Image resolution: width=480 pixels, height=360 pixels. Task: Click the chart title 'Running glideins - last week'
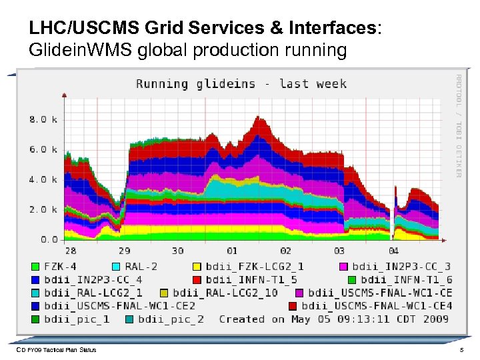[241, 83]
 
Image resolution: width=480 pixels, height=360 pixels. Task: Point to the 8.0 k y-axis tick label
[43, 120]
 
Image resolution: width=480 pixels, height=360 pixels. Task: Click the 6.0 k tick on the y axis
[43, 149]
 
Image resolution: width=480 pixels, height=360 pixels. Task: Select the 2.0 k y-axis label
[43, 209]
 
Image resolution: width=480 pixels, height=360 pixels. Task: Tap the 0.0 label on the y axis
[49, 239]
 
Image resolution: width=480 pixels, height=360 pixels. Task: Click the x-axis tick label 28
[70, 251]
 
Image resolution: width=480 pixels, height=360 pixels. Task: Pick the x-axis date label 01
[231, 251]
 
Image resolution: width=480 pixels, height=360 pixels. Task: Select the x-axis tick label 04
[393, 251]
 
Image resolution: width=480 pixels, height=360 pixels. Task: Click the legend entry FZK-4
[60, 266]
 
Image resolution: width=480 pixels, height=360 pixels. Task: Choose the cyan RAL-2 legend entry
[139, 266]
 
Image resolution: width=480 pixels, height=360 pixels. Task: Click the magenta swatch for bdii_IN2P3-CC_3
[343, 266]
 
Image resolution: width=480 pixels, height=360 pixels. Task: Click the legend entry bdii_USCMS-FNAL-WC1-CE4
[377, 306]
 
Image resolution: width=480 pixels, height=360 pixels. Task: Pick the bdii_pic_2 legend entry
[171, 319]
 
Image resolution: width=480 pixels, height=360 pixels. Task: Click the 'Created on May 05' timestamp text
[333, 319]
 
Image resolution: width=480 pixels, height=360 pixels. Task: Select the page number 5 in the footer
[461, 350]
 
